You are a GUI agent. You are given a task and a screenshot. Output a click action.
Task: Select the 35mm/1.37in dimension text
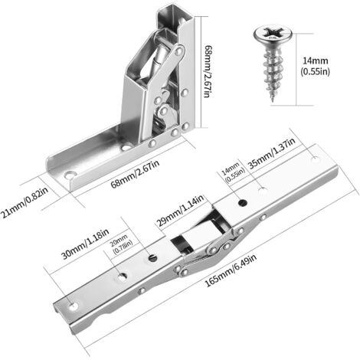(x=272, y=153)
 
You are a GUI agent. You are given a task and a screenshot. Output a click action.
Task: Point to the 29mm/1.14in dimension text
(x=180, y=211)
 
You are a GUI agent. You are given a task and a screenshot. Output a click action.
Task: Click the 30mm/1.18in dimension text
(x=86, y=244)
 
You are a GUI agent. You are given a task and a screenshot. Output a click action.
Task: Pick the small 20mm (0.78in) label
(x=121, y=244)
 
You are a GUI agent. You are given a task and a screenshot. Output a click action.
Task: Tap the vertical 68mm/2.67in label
(x=208, y=71)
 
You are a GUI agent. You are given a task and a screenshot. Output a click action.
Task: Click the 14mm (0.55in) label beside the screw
(x=315, y=66)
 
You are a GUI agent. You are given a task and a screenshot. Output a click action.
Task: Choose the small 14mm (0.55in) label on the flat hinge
(x=234, y=172)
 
